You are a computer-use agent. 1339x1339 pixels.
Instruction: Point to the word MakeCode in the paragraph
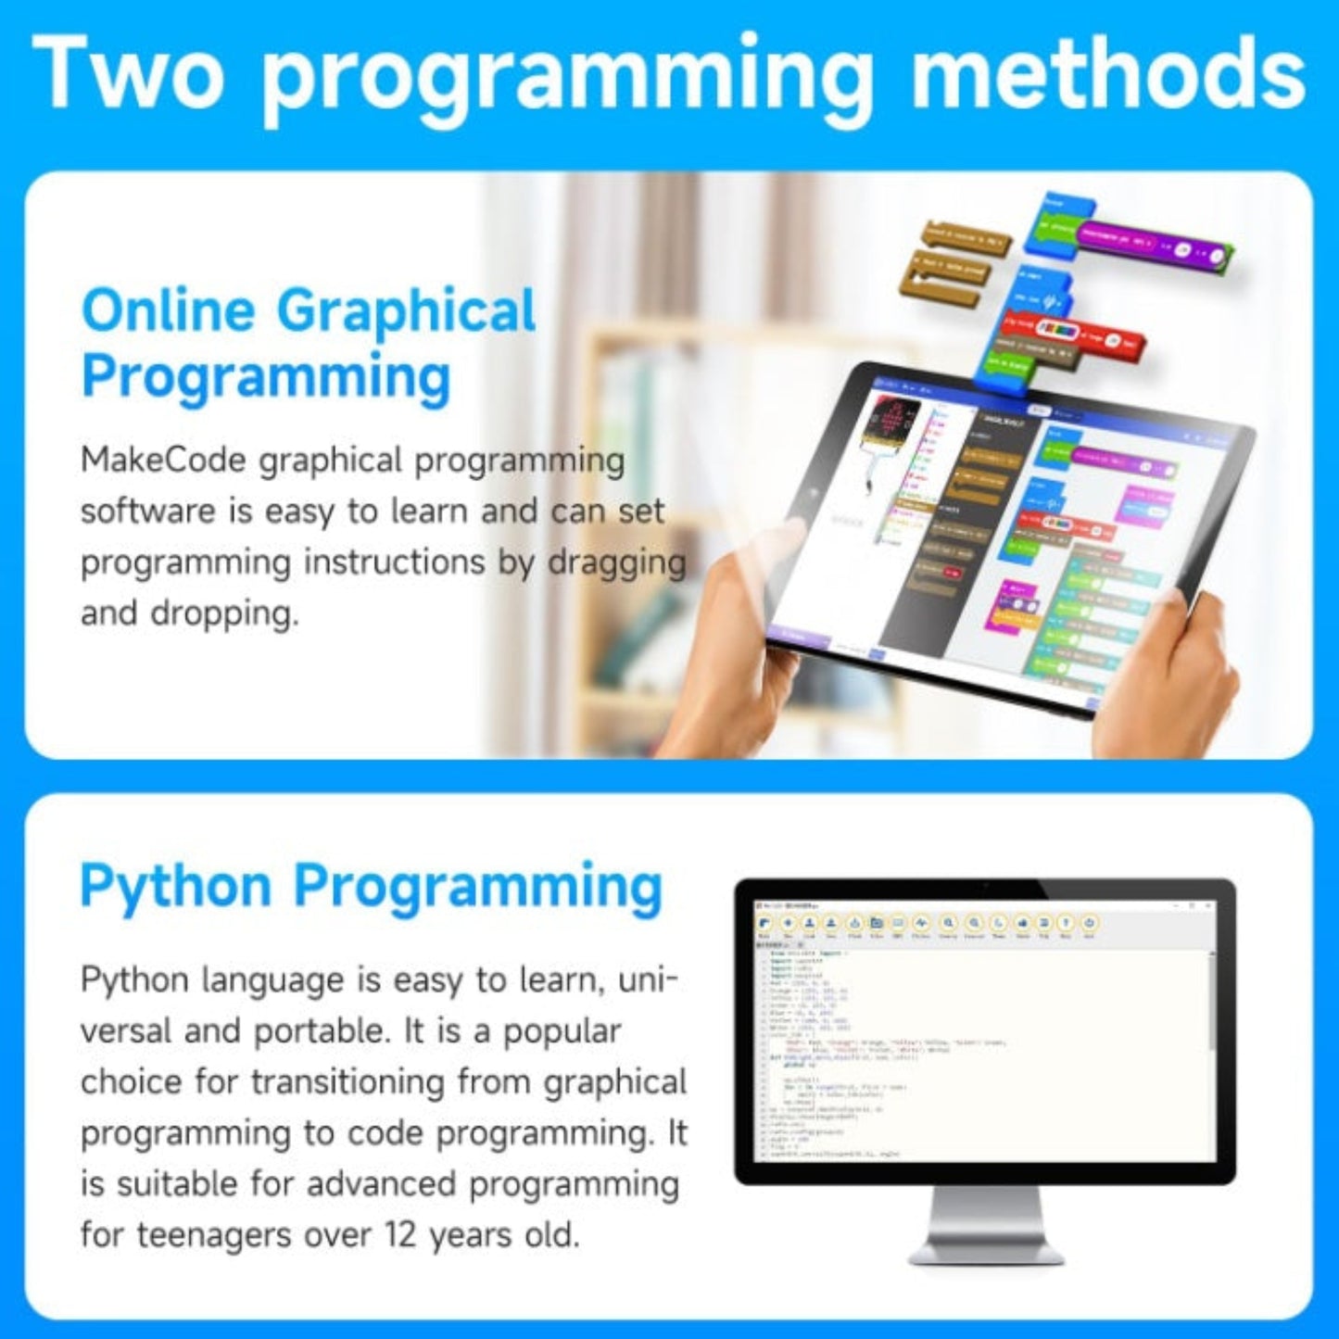162,461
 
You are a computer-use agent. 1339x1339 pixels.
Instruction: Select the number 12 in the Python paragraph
402,1235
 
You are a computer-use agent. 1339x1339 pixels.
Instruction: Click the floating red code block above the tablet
1075,334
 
